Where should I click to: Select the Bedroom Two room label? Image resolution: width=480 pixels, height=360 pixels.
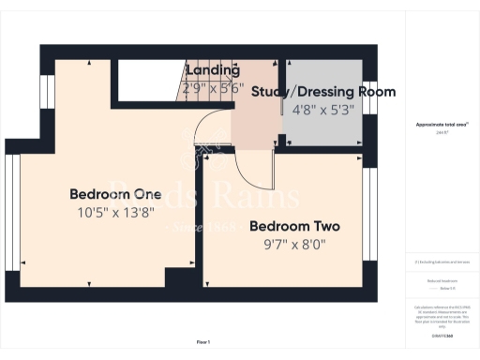[x=293, y=227]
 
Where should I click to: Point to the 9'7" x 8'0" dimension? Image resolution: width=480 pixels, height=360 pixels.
[x=293, y=245]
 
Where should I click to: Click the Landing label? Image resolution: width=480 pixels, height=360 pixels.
[x=213, y=70]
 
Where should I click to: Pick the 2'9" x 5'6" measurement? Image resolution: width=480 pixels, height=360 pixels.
[x=213, y=90]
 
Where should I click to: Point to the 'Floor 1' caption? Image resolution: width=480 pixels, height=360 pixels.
[x=203, y=342]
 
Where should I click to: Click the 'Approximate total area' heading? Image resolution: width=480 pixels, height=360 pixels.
[x=441, y=124]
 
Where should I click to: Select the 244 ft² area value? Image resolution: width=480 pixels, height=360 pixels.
[x=441, y=133]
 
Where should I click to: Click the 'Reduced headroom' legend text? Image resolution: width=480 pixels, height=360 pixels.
[x=441, y=281]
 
